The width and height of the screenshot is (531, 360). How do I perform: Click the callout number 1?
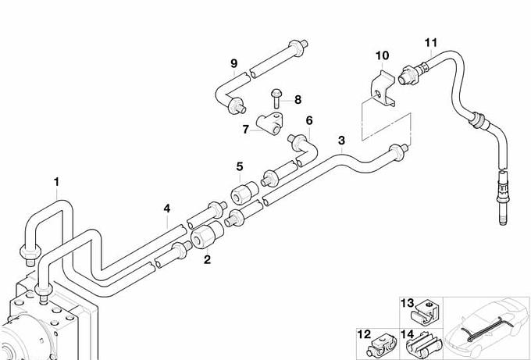(x=56, y=182)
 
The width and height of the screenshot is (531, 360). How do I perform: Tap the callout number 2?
(x=207, y=260)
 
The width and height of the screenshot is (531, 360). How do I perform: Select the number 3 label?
(x=341, y=141)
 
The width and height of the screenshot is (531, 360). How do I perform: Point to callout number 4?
(x=166, y=209)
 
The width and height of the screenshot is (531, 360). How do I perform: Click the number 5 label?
(x=240, y=166)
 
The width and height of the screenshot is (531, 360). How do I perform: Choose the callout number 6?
(x=309, y=120)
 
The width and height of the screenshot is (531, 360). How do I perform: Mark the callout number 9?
(x=233, y=63)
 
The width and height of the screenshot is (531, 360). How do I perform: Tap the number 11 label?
(x=431, y=43)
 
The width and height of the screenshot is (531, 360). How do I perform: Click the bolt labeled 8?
(x=276, y=98)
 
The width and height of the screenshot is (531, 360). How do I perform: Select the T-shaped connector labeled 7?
(x=269, y=123)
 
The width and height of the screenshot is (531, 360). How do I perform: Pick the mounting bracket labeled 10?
(x=383, y=89)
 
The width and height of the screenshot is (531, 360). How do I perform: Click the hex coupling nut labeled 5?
(x=244, y=192)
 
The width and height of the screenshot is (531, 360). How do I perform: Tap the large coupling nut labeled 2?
(x=207, y=234)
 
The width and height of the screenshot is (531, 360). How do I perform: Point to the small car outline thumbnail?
(x=486, y=327)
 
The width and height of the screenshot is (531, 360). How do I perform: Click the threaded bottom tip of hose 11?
(x=503, y=221)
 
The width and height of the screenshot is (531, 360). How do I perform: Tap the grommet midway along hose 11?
(x=478, y=120)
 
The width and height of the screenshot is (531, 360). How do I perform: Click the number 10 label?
(x=383, y=55)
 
